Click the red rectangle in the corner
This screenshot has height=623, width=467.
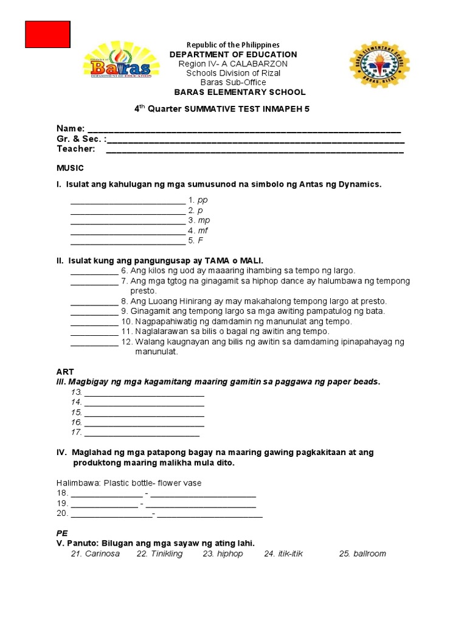47,34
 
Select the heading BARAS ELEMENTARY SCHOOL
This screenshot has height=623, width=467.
240,92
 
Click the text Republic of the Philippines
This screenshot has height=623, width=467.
233,45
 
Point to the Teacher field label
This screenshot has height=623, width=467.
76,148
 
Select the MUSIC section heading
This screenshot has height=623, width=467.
70,168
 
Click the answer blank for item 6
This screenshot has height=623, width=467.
94,271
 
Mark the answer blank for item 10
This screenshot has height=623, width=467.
94,321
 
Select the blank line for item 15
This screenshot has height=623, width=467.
144,412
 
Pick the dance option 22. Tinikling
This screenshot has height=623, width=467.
159,554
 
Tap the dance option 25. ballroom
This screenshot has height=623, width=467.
362,554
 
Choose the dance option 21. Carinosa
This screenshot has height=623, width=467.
95,554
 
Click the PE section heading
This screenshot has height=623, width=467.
62,532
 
